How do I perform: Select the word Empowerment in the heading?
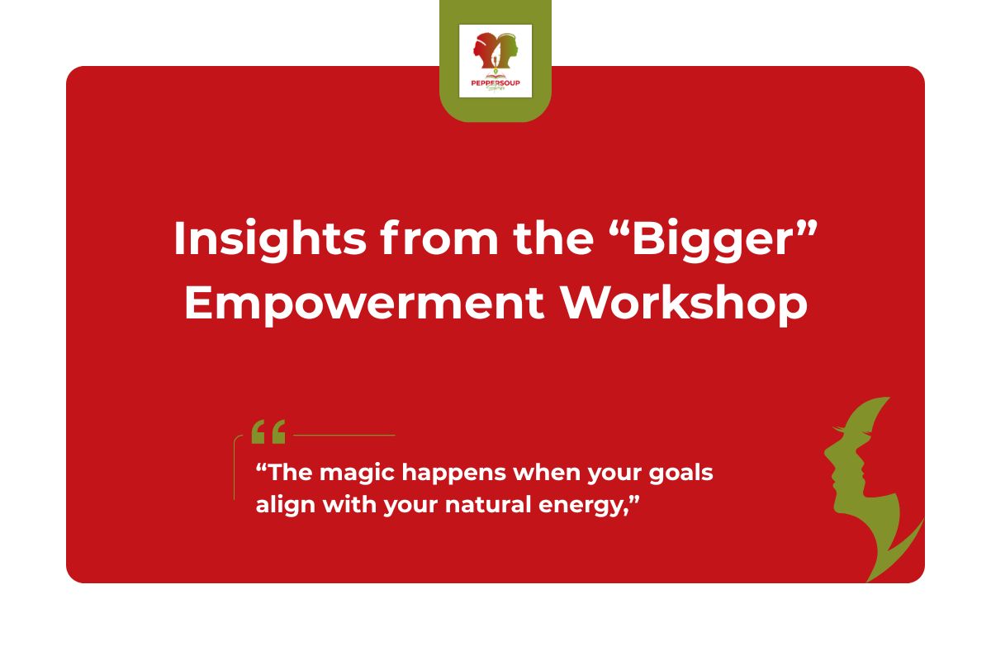[x=363, y=304]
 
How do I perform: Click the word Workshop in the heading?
[x=683, y=304]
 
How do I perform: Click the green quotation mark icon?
[x=268, y=431]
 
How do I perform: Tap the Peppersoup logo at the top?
[x=495, y=60]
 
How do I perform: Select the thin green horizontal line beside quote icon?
[x=344, y=435]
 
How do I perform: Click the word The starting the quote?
[x=288, y=475]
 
